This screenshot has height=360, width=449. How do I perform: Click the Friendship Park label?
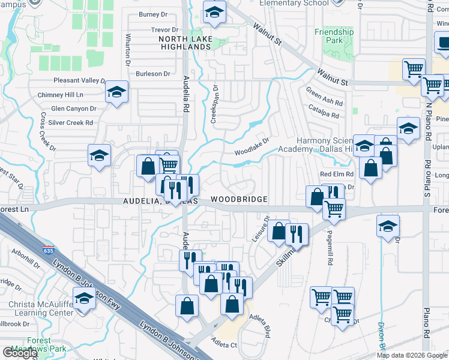[x=334, y=36]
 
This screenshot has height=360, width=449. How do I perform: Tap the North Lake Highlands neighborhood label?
[x=184, y=42]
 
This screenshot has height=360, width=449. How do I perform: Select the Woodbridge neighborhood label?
[x=238, y=199]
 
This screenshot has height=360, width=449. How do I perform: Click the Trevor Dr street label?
[x=166, y=29]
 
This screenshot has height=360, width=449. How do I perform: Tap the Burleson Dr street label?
[x=153, y=74]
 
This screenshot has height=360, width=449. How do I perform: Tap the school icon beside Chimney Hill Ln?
[x=117, y=92]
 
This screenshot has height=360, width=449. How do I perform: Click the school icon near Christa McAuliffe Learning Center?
[x=84, y=298]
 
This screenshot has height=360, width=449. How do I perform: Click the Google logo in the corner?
[x=20, y=353]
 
